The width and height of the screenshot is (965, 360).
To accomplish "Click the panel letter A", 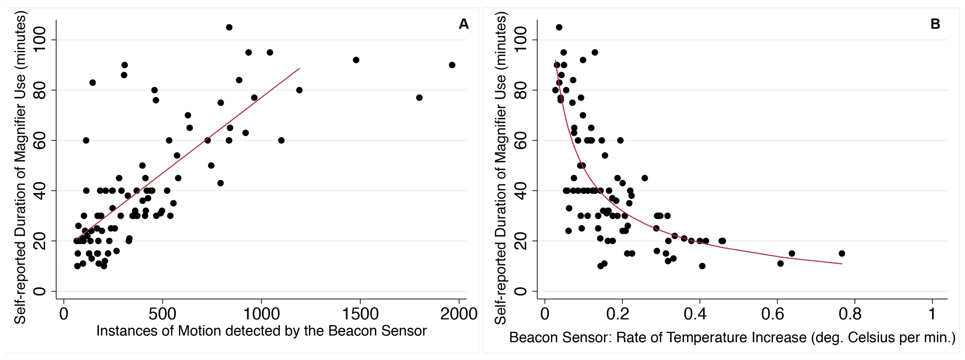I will tap(463, 24).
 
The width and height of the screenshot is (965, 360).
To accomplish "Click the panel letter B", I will tap(935, 24).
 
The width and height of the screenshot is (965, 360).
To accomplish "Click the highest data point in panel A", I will tap(229, 27).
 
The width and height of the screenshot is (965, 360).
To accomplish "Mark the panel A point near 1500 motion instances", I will tap(356, 60).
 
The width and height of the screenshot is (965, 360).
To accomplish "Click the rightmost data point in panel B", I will tap(842, 254).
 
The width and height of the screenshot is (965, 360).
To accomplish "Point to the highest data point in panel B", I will tap(559, 27).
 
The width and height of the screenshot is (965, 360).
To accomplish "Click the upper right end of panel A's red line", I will tap(299, 69).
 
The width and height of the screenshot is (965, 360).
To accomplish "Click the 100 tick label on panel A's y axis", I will tap(40, 40).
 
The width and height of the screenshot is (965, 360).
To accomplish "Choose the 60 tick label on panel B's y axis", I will tap(520, 140).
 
